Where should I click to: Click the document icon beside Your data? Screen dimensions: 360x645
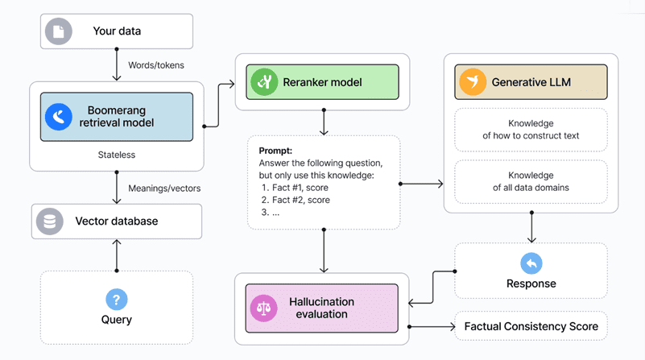(59, 31)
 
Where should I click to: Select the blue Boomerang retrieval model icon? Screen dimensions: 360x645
(59, 117)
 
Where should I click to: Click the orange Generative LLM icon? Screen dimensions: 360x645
(472, 81)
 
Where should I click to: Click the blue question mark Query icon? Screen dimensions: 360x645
(117, 300)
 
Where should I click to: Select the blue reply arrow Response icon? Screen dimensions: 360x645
(531, 263)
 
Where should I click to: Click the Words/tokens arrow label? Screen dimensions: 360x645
(156, 64)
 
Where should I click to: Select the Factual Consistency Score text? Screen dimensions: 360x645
(531, 326)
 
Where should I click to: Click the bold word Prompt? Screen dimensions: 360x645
(275, 151)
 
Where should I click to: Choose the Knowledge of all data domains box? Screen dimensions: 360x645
(531, 181)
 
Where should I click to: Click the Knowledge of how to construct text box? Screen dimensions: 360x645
(531, 130)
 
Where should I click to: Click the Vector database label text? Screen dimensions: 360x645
(117, 221)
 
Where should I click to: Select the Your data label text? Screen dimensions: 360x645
(118, 31)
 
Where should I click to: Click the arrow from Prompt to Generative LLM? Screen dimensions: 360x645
(421, 184)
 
